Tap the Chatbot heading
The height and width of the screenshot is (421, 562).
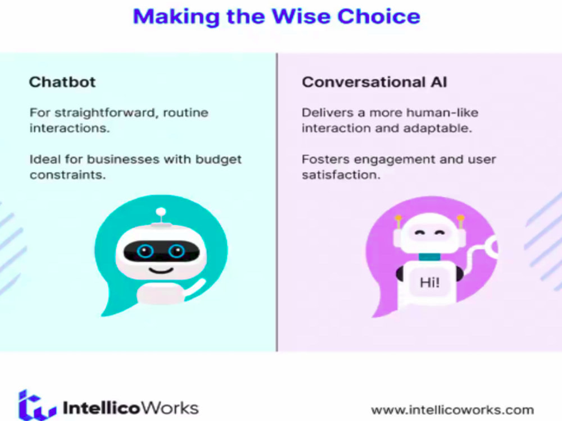tap(62, 82)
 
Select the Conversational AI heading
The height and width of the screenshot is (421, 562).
tap(374, 82)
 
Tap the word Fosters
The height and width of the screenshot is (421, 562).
tap(321, 159)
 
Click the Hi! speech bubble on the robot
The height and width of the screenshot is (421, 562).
tap(430, 282)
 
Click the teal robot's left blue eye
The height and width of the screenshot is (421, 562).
tap(145, 251)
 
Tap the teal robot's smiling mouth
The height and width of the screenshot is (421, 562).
tap(161, 270)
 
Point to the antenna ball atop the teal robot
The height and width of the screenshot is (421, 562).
tap(161, 212)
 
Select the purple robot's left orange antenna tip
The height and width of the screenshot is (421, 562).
tap(398, 218)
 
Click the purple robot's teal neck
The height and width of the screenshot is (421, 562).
tap(429, 257)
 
